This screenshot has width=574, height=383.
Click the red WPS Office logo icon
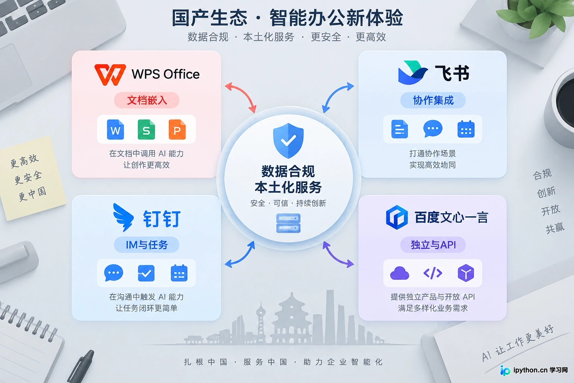110,75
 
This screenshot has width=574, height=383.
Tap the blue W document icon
115,129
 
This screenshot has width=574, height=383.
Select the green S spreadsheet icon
146,129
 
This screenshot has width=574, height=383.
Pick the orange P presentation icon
178,129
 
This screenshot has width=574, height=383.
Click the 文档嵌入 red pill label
146,100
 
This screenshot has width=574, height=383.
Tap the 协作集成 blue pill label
433,100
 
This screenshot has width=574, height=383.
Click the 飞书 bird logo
413,73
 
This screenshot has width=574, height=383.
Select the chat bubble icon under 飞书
433,129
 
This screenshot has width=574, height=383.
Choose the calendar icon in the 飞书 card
466,129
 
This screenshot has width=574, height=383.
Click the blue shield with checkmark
288,141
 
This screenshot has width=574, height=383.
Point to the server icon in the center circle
288,223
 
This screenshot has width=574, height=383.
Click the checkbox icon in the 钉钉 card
146,273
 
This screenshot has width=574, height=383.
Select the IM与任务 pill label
146,245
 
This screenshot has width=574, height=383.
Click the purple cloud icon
399,273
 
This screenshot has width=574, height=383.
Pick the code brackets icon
433,273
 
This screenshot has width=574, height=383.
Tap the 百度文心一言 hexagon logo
396,217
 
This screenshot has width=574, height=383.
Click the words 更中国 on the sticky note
33,194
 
